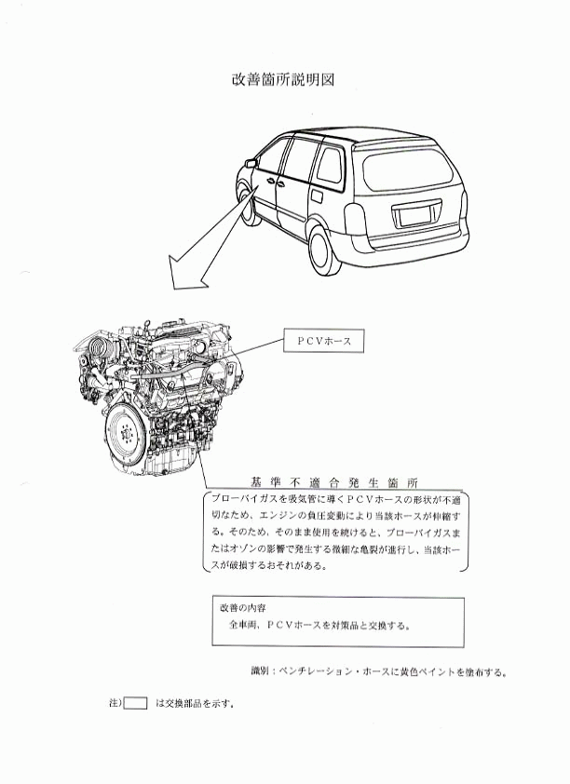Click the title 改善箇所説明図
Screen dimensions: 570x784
tap(283, 80)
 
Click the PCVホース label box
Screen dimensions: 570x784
tap(323, 341)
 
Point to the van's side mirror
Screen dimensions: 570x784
tap(251, 162)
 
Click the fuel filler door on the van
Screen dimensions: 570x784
tap(316, 196)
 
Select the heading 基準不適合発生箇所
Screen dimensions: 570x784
tap(334, 482)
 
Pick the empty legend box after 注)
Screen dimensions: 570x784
tap(135, 703)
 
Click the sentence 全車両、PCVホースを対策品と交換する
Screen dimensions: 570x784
tap(320, 625)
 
